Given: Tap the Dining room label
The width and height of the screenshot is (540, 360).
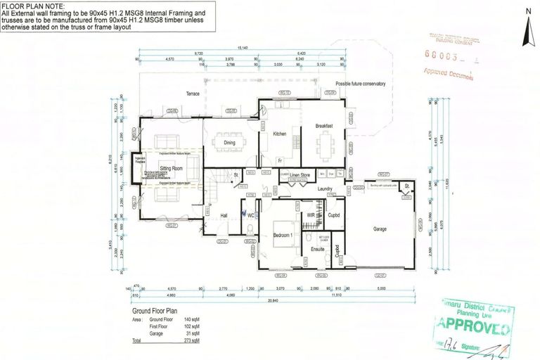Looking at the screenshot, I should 229,143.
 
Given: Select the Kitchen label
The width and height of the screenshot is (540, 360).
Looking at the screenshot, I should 280,134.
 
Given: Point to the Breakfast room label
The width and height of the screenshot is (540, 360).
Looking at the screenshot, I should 323,126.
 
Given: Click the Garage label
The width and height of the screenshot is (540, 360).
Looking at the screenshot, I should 380,229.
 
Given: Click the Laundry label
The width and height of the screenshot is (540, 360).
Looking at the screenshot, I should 324,188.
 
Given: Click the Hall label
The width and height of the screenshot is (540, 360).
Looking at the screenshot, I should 224,216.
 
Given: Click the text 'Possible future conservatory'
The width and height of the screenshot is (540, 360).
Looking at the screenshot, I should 360,84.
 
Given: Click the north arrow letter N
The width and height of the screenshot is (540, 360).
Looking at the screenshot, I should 527,11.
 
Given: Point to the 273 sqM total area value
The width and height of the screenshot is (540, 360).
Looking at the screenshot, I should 193,340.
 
